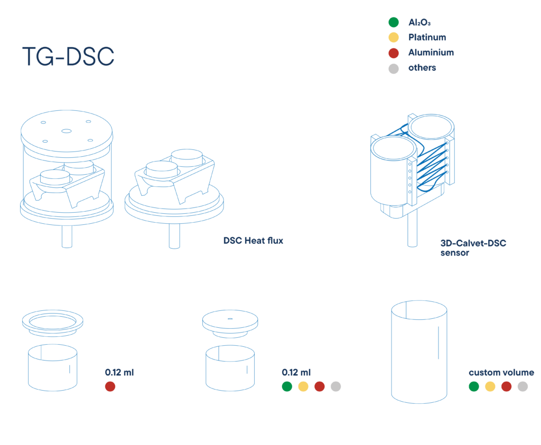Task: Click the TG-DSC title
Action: coord(68,56)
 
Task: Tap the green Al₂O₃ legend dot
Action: coord(393,22)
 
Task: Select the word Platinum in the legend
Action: coord(427,37)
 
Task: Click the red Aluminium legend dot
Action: coord(393,53)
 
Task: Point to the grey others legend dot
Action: coord(393,68)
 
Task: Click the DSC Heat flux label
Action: coord(253,241)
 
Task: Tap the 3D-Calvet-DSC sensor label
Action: coord(473,248)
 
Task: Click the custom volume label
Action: coord(501,373)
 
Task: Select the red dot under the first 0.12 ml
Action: coord(110,386)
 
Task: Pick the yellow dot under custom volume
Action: coord(490,386)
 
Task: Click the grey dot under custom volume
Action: coord(523,386)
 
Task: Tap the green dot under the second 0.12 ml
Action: coord(287,386)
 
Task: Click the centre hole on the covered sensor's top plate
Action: coord(66,131)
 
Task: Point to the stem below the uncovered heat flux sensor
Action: coord(174,236)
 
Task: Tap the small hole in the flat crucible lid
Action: coord(230,319)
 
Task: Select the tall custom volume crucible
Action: coord(419,352)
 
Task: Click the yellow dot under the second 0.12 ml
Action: coord(303,386)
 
